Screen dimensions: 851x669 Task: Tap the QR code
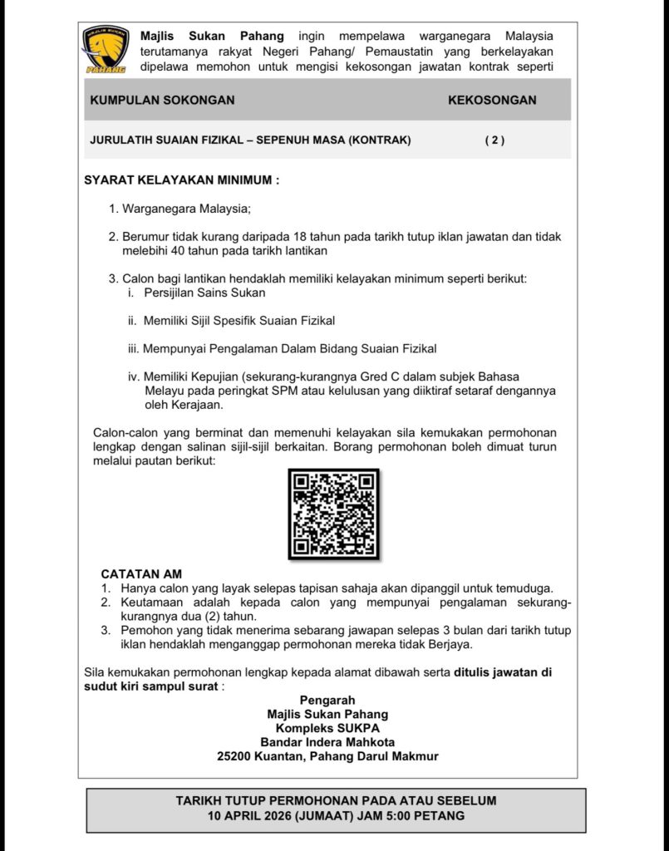click(334, 514)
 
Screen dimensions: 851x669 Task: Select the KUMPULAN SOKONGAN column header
click(162, 100)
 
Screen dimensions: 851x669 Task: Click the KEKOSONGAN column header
click(492, 100)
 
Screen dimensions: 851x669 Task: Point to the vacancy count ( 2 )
click(494, 140)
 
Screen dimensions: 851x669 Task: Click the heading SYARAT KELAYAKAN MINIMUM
click(182, 180)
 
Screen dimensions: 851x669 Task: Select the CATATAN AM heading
click(141, 573)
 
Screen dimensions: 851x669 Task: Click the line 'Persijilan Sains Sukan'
click(204, 293)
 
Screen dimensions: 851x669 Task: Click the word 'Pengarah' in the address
click(327, 700)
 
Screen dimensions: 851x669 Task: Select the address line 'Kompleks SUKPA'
click(327, 728)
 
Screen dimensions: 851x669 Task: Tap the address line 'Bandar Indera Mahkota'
click(327, 742)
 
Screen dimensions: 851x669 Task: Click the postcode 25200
click(235, 756)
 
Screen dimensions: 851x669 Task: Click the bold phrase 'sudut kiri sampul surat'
click(152, 686)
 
